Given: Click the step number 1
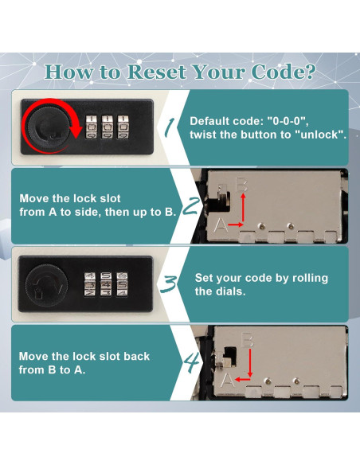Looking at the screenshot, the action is coord(170,127).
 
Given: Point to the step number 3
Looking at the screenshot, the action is coord(168,284).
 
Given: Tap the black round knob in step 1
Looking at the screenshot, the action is coord(50,127).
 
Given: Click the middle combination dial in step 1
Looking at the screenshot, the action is coord(107,127).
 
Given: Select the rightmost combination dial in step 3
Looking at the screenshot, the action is coord(122,284).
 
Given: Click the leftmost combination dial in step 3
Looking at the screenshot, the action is coord(89,284).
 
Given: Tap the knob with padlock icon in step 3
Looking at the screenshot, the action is coord(46,286).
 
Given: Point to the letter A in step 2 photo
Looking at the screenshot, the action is coord(221,225).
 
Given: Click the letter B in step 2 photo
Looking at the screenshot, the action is coord(241,184).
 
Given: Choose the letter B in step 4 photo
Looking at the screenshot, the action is coord(248,339).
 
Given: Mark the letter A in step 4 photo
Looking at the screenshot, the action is coord(228,379).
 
